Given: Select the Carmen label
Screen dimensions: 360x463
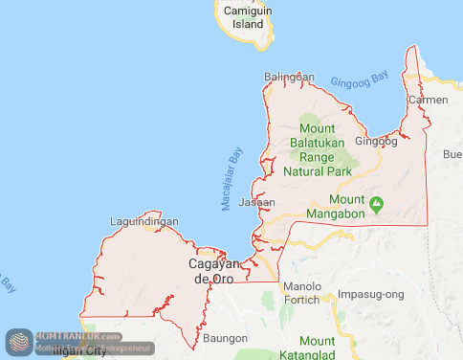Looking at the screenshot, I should click(428, 100).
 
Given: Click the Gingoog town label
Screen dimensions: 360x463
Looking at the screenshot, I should click(376, 141).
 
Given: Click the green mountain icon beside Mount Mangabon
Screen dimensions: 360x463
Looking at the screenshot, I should click(377, 203).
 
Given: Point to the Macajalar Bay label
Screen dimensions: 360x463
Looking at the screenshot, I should click(232, 178).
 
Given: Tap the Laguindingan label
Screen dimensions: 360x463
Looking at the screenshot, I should click(144, 221).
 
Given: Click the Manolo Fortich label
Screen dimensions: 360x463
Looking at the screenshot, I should click(301, 294).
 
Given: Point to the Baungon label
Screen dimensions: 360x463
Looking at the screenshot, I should click(225, 337).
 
